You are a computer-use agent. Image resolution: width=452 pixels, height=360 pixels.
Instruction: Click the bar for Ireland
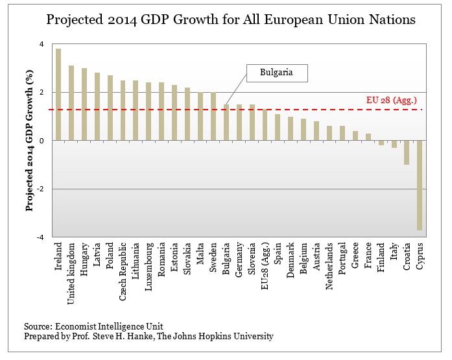pos(58,95)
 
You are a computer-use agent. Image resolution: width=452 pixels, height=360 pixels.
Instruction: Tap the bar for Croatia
pos(407,152)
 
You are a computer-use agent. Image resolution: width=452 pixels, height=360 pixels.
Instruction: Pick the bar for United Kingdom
pos(71,103)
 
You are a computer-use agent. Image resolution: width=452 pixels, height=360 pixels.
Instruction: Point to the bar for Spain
pos(278,127)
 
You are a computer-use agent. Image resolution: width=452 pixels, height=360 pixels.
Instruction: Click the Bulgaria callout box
pos(276,73)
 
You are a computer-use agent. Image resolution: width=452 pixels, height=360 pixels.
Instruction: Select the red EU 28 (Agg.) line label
pos(391,100)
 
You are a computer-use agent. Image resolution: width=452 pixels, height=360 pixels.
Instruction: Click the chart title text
pos(231,20)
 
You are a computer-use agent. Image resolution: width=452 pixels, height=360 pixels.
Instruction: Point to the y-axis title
pos(29,141)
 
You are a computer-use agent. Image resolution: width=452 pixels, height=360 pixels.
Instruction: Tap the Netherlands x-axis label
pos(329,268)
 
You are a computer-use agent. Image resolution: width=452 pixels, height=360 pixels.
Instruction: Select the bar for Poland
pos(110,108)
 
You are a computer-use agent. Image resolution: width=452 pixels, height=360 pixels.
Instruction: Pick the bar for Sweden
pos(213,117)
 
